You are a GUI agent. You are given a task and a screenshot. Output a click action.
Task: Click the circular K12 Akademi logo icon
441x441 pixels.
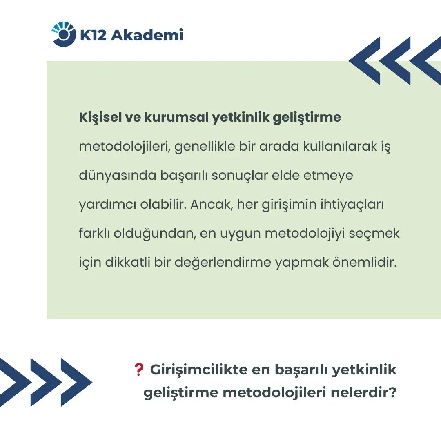[x=64, y=34]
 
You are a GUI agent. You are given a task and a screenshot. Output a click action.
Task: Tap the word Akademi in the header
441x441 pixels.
[x=147, y=35]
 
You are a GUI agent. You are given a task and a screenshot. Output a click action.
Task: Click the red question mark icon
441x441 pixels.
[x=139, y=370]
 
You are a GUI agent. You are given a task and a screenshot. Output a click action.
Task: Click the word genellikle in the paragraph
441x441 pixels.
[x=205, y=147]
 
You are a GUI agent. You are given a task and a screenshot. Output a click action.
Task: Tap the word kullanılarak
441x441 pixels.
[x=340, y=146]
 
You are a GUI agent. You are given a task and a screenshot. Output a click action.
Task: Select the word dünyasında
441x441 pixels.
[x=118, y=176]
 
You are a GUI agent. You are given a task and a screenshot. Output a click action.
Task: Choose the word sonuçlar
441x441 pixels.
[x=240, y=176]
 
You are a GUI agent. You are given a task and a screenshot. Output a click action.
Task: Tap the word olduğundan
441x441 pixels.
[x=155, y=234]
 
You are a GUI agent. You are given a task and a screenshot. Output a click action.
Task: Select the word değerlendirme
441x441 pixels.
[x=223, y=263]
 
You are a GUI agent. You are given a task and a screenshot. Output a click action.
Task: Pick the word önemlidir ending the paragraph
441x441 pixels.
[x=365, y=263]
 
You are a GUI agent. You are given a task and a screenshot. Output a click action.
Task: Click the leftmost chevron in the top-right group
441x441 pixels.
[x=365, y=61]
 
